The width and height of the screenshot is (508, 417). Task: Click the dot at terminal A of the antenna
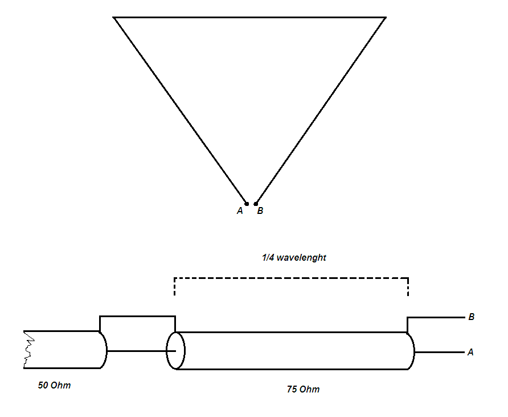(247, 204)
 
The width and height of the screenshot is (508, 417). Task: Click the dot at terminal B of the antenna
(256, 204)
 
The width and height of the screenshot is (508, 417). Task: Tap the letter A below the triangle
(240, 211)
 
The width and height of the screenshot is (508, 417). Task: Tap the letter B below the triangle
(260, 211)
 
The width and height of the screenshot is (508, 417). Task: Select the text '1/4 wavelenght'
(294, 258)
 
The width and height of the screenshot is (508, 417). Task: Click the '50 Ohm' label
(54, 385)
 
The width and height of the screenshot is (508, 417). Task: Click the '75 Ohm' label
(303, 390)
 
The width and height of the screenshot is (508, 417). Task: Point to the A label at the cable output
(470, 353)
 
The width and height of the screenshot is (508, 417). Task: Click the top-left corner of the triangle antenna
(114, 18)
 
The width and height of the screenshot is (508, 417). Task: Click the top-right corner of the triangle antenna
(386, 18)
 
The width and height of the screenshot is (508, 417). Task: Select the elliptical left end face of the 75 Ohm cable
(175, 351)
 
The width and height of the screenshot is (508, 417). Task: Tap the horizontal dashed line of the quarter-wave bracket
(291, 278)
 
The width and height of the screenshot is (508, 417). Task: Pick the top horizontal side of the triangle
(249, 18)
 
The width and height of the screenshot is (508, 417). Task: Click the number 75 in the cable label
(292, 390)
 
